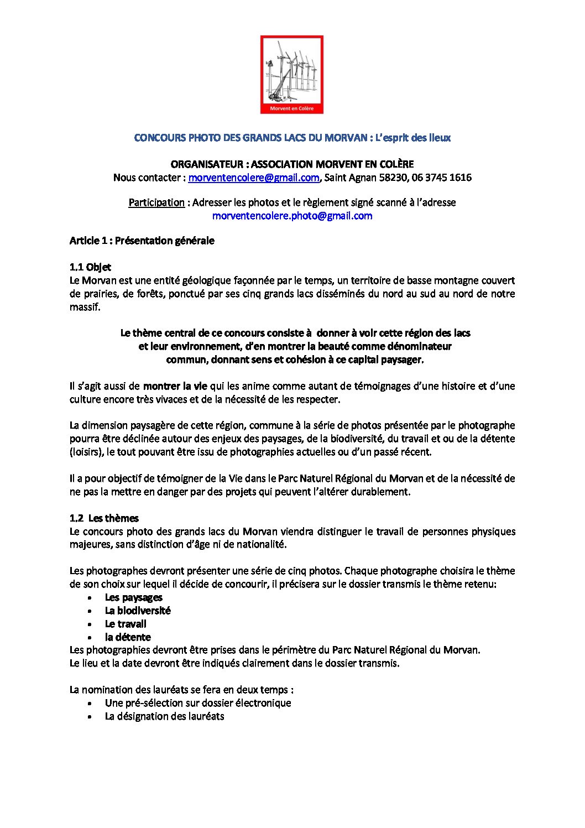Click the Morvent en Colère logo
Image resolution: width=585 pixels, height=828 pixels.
[292, 75]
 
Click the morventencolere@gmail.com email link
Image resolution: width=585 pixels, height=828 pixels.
[254, 178]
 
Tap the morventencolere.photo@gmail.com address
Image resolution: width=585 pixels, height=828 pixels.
[292, 216]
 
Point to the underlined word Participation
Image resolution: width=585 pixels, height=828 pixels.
[156, 202]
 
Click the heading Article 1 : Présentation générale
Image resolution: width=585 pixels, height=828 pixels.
[142, 241]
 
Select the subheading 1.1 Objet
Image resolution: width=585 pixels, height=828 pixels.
[90, 267]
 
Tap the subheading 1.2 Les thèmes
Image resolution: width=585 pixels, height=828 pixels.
[104, 518]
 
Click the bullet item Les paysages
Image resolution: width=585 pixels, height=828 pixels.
[133, 597]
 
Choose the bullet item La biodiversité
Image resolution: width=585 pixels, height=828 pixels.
[138, 611]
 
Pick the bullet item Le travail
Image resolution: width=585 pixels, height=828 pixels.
[126, 624]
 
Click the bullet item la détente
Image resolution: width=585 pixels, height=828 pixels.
[128, 637]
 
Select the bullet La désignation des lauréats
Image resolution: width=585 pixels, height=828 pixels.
[164, 716]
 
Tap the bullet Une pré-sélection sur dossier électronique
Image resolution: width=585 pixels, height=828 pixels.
[198, 703]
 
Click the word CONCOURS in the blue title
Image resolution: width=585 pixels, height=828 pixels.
[160, 138]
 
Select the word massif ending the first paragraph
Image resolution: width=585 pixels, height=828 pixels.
[84, 307]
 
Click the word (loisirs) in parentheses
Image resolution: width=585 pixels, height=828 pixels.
[85, 452]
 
